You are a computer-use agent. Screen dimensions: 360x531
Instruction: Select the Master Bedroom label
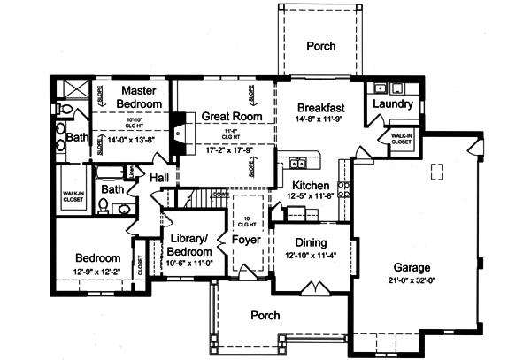(141, 97)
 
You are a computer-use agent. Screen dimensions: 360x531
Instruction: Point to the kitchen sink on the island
(296, 163)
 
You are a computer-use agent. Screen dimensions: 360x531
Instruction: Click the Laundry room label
(393, 104)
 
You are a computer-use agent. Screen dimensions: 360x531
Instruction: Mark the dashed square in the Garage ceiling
(437, 171)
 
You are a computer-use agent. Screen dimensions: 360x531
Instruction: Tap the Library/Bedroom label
(188, 245)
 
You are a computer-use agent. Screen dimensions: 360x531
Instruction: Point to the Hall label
(159, 179)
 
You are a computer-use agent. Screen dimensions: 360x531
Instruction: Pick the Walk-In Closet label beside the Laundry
(401, 138)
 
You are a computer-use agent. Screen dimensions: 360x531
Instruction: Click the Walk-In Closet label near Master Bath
(73, 196)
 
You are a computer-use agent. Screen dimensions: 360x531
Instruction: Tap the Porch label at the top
(319, 47)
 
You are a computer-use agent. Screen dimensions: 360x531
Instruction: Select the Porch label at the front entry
(265, 315)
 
